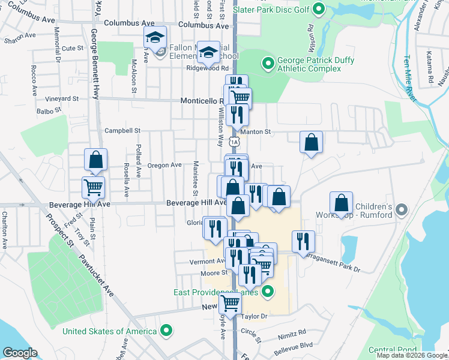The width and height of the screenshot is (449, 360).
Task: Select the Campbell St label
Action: [122, 130]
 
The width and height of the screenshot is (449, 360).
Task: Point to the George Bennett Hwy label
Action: [94, 66]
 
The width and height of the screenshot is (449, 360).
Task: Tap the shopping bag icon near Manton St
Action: [311, 143]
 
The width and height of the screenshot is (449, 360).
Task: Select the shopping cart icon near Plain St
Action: [94, 187]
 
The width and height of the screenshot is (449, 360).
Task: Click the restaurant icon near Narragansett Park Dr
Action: [303, 241]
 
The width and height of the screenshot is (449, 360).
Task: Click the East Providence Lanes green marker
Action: [268, 292]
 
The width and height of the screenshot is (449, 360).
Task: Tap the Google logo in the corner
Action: [19, 353]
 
